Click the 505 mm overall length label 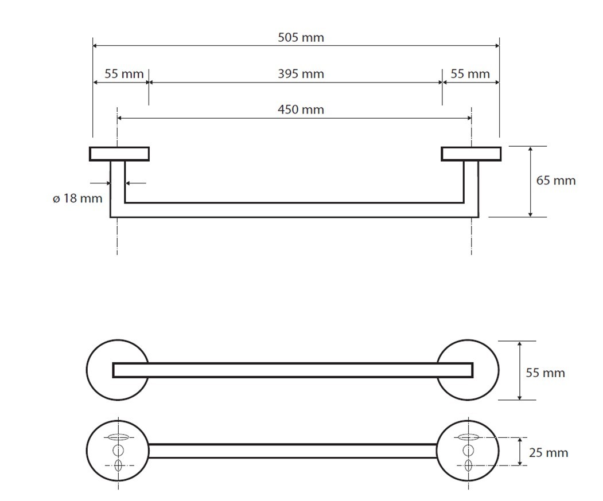[x=301, y=38]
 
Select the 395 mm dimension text [x=301, y=74]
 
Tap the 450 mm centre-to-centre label [x=301, y=109]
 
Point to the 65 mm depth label [x=555, y=181]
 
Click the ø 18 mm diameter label [x=77, y=199]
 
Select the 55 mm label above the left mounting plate [x=124, y=74]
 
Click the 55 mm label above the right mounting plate [x=470, y=74]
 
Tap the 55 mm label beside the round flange [x=546, y=373]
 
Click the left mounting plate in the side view [x=119, y=154]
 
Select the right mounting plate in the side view [x=471, y=154]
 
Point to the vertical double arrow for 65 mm [x=531, y=181]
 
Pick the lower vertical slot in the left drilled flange [x=118, y=465]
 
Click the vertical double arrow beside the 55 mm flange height [x=520, y=370]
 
